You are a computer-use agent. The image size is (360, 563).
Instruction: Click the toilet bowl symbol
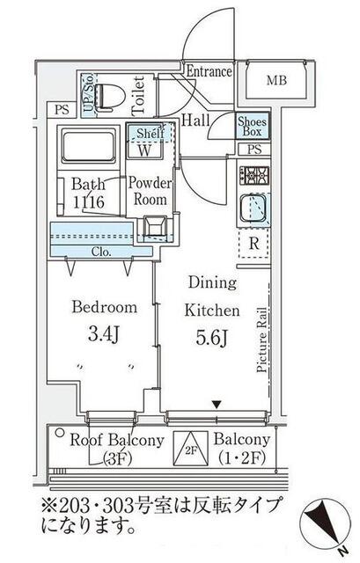(110, 96)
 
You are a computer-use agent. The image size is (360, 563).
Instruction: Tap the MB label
(276, 80)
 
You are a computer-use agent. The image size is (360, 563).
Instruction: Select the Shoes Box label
(253, 127)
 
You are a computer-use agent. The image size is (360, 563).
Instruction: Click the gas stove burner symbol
(254, 176)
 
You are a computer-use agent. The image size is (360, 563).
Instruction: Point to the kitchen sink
(253, 208)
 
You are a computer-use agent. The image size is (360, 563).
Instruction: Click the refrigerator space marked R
(254, 244)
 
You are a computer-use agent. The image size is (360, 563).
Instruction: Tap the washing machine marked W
(144, 150)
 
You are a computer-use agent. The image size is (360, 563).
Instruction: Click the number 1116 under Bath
(89, 202)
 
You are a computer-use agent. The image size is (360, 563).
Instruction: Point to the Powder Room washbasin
(155, 227)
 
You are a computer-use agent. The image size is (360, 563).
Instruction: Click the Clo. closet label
(101, 252)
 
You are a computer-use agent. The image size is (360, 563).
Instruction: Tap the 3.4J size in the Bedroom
(104, 334)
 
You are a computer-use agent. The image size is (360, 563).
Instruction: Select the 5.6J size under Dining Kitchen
(211, 338)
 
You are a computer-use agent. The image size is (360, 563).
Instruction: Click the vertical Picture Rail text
(262, 340)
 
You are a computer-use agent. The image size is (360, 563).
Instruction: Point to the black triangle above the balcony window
(216, 405)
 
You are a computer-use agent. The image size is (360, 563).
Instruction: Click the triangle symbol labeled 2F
(191, 449)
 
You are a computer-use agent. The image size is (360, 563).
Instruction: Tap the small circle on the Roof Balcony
(60, 433)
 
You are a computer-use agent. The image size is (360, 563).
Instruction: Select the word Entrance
(209, 71)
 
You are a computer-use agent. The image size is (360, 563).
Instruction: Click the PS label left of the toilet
(62, 109)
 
